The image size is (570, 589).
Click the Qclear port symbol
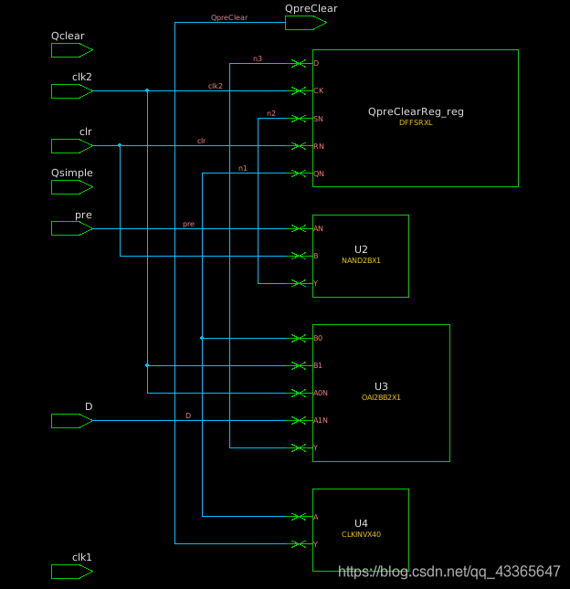[71, 50]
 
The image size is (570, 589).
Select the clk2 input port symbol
[71, 91]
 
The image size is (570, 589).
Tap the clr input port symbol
[71, 146]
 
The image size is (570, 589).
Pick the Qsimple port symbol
[71, 187]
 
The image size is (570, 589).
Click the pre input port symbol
[71, 228]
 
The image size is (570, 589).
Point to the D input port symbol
[71, 421]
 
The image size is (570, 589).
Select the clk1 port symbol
[71, 572]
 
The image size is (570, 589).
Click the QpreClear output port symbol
[305, 23]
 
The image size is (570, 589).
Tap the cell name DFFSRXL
[416, 122]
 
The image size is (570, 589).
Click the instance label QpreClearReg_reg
[416, 111]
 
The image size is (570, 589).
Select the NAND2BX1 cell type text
[361, 260]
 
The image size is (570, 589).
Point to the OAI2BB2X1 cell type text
[381, 397]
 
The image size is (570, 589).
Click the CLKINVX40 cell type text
[361, 534]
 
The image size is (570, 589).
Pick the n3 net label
[258, 59]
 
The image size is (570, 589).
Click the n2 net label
[270, 113]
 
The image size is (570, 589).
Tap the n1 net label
[242, 168]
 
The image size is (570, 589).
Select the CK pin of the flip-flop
[317, 91]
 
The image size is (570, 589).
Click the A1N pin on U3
[320, 421]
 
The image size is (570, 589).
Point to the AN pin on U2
[318, 228]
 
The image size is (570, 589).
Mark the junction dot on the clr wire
[120, 145]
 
